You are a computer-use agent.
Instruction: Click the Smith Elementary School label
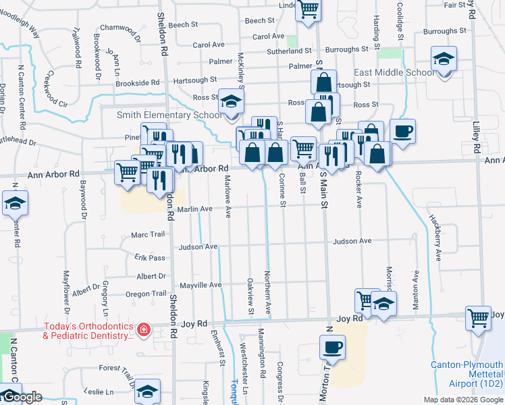point(169,115)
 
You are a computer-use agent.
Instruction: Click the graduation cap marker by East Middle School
point(444,60)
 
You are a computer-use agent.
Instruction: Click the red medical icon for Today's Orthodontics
point(143,330)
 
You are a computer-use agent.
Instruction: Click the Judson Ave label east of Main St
point(352,241)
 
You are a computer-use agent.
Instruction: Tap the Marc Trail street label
point(148,235)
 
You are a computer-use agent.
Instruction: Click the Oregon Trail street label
point(146,294)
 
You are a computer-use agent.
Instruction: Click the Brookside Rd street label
point(137,82)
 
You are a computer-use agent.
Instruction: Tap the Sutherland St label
point(288,51)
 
